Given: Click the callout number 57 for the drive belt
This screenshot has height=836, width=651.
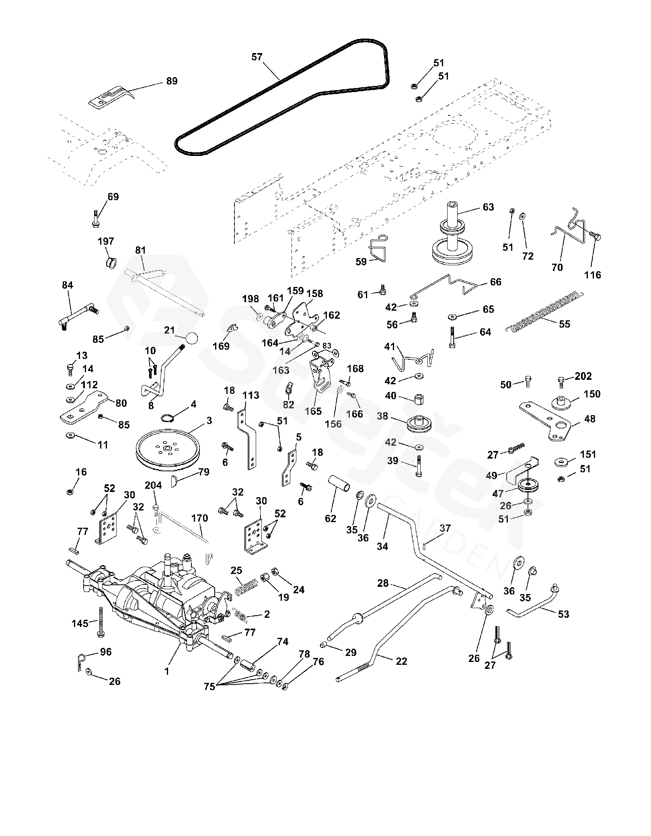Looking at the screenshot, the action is coord(257,57).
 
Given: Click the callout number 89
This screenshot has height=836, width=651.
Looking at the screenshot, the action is coord(172,81).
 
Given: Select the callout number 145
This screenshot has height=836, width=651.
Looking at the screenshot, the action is coord(80,623).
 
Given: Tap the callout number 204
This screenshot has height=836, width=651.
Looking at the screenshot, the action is coord(153,486).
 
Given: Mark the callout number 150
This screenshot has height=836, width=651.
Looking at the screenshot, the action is coord(592,394).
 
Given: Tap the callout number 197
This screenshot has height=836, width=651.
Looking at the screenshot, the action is coord(106,241).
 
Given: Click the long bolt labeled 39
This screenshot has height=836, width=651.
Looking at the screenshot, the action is coord(419,466).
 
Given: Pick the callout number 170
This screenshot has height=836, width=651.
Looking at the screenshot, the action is coord(199,518).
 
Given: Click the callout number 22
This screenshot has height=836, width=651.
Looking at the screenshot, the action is coord(401,661).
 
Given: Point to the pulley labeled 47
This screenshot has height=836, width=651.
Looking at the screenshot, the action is coord(528,485).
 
